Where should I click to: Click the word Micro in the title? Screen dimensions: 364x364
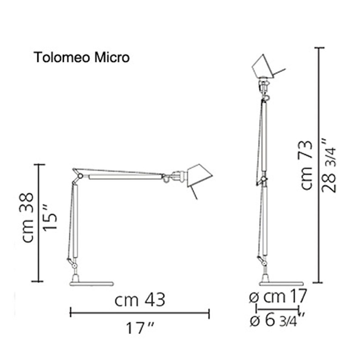[112, 57]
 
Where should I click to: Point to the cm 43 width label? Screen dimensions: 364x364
[140, 300]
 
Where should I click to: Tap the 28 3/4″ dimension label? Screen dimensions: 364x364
[329, 166]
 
